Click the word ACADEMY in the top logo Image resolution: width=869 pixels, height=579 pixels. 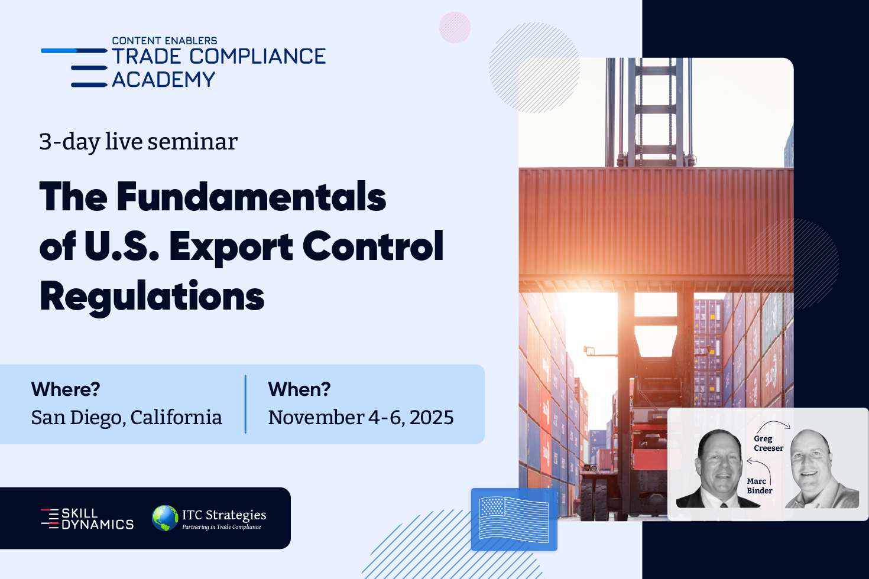click(x=163, y=80)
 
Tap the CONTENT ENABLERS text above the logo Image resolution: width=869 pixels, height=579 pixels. click(x=164, y=41)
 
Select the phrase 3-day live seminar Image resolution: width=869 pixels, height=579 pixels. click(x=138, y=142)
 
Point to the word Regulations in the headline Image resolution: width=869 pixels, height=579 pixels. click(x=152, y=297)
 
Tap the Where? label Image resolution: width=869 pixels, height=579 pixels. click(x=66, y=389)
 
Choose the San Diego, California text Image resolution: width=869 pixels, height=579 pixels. click(x=127, y=418)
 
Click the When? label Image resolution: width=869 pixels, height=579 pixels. click(x=299, y=389)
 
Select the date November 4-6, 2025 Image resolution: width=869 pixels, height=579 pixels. click(x=361, y=418)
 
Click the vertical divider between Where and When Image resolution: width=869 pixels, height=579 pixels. click(x=245, y=404)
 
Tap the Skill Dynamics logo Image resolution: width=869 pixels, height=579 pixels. click(x=87, y=519)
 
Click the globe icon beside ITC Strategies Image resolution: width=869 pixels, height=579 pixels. click(x=165, y=518)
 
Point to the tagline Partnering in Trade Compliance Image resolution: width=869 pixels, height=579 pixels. click(x=222, y=527)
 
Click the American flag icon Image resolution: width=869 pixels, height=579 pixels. click(x=514, y=519)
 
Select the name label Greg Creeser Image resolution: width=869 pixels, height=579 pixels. click(x=769, y=443)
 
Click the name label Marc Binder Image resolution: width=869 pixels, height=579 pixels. click(x=759, y=486)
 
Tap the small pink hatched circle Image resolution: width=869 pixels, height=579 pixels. click(x=455, y=28)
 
